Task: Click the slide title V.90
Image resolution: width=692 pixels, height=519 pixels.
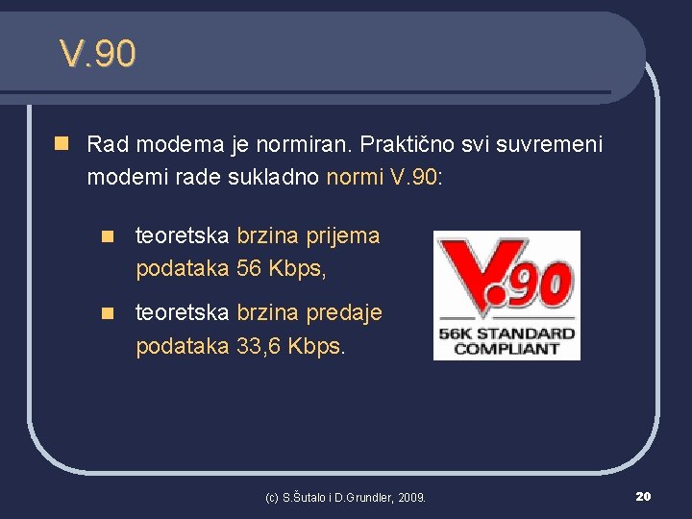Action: tap(97, 54)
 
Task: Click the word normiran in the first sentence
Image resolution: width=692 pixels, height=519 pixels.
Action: tap(309, 145)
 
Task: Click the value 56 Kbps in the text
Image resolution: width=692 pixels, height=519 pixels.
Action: tap(281, 268)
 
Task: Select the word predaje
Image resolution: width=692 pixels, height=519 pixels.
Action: tap(343, 312)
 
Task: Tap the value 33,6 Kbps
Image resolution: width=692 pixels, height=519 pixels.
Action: tap(289, 345)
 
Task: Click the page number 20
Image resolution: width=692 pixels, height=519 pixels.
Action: tap(643, 496)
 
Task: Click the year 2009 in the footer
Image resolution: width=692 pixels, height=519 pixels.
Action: tap(410, 497)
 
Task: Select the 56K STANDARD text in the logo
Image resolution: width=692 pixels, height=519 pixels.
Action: tap(507, 334)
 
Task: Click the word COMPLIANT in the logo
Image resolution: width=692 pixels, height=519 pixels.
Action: tap(507, 348)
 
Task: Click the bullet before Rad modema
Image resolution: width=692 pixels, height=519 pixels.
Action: tap(62, 144)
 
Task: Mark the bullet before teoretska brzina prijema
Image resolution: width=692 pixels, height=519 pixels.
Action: tap(111, 235)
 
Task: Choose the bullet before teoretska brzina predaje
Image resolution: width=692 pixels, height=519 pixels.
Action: tap(111, 312)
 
